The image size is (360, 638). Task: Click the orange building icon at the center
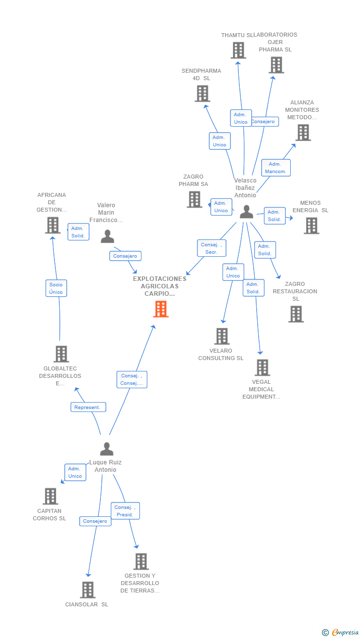[x=161, y=309]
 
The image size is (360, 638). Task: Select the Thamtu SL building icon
[x=238, y=50]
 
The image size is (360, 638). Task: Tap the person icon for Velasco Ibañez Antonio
[x=246, y=212]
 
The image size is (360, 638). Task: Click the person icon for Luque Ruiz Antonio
[x=106, y=449]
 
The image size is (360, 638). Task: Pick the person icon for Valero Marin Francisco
[x=107, y=236]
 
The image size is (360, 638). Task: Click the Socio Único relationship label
[x=56, y=288]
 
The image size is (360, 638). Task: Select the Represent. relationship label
[x=88, y=407]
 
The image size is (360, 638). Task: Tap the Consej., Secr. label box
[x=212, y=248]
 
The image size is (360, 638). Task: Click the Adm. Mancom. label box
[x=275, y=168]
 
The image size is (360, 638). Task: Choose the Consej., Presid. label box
[x=125, y=511]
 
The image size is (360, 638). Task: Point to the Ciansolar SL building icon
[x=88, y=590]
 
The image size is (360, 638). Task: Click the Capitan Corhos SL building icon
[x=50, y=496]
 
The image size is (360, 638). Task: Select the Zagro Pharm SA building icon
[x=194, y=199]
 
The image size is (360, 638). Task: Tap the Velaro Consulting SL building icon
[x=222, y=336]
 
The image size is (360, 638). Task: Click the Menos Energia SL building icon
[x=312, y=226]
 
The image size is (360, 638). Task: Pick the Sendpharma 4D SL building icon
[x=202, y=93]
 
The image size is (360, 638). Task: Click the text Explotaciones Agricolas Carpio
[x=160, y=286]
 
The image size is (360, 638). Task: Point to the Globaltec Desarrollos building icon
[x=61, y=354]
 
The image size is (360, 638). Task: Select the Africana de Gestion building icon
[x=52, y=225]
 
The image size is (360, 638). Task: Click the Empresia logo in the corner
[x=344, y=632]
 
